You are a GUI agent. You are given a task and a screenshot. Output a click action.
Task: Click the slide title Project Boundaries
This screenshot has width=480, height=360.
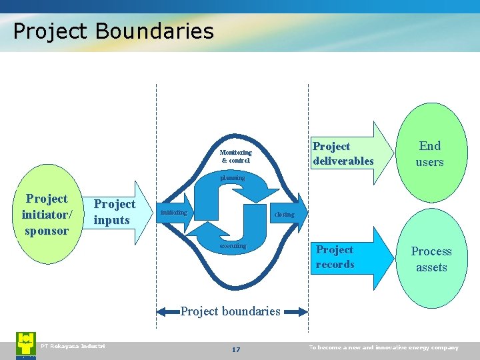(113, 31)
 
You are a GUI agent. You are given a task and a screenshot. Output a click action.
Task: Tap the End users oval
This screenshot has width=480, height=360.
(429, 153)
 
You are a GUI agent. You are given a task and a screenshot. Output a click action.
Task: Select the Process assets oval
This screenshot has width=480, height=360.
(431, 259)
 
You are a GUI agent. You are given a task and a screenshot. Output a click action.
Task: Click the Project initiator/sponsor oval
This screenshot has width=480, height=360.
(46, 215)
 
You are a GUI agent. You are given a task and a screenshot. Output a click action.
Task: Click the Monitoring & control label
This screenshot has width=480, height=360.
(236, 157)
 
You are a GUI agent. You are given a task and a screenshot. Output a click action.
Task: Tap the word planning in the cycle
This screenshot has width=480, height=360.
(232, 178)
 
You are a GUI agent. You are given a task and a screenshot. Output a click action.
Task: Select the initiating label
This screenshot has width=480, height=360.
(172, 213)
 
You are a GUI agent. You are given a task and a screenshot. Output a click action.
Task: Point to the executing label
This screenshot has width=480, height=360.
(233, 246)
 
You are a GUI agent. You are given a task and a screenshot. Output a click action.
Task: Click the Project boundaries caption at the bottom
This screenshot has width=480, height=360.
(231, 311)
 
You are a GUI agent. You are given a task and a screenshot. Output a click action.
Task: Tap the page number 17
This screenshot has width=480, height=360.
(235, 349)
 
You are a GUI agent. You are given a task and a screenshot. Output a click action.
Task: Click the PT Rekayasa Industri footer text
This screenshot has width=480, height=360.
(73, 345)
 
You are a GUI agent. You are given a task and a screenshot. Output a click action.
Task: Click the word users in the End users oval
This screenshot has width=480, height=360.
(429, 162)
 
